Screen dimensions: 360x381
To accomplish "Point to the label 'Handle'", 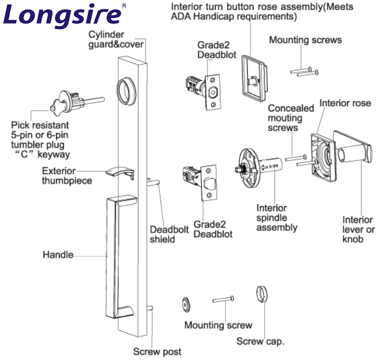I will (x=58, y=255).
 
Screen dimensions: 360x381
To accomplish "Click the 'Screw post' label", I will (x=157, y=352).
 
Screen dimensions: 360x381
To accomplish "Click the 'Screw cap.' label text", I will (x=260, y=341).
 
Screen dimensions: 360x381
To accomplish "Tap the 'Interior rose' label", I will (x=345, y=103).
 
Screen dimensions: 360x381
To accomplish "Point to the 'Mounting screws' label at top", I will (x=305, y=40).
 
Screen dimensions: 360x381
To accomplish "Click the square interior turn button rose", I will (x=253, y=77).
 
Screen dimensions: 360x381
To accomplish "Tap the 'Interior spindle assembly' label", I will (x=276, y=218).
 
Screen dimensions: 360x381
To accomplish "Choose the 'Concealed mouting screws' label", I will (x=290, y=118).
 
